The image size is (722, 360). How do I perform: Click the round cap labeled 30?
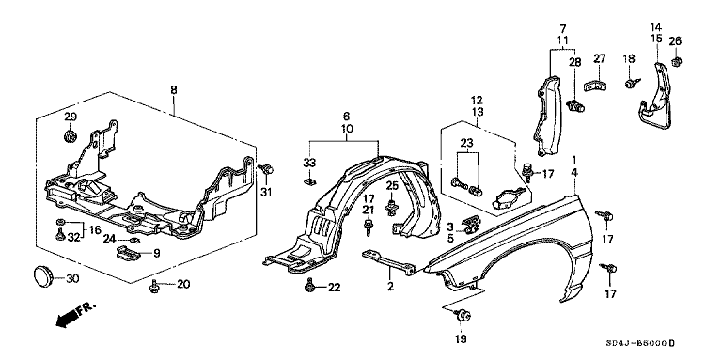43,276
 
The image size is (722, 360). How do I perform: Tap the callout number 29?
70,117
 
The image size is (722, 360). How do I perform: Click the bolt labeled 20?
153,288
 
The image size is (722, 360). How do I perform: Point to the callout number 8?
174,90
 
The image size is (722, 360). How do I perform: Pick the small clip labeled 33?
310,180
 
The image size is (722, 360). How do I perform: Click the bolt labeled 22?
310,286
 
